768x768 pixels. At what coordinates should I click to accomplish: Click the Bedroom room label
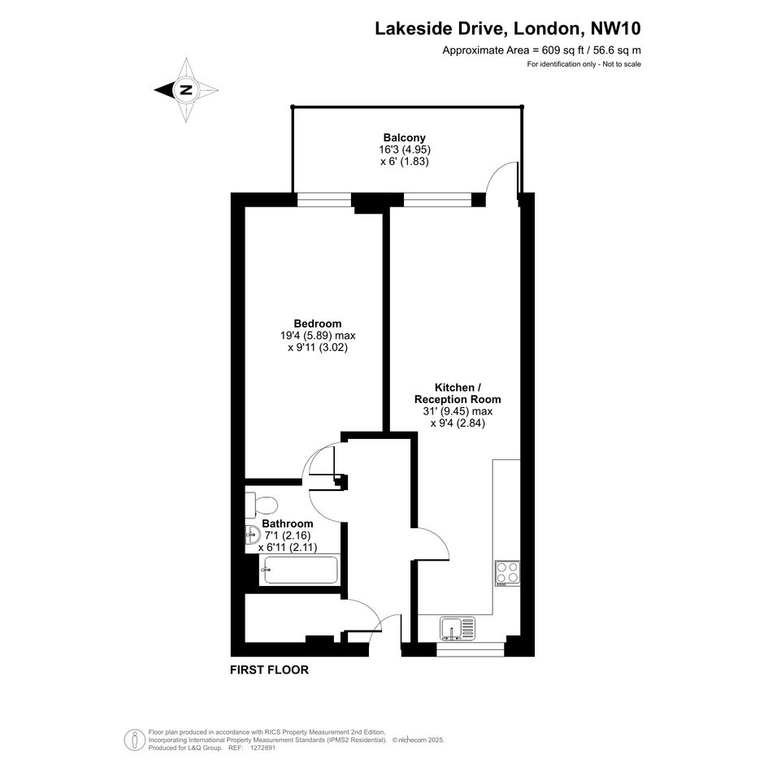[318, 323]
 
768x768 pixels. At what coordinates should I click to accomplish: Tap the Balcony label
[404, 137]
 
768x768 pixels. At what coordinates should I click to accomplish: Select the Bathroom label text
[288, 523]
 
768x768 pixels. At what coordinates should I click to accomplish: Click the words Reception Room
[458, 399]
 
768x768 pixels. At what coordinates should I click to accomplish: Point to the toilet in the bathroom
[262, 505]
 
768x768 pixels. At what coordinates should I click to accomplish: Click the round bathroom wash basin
[253, 535]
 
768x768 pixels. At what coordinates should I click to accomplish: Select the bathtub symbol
[300, 570]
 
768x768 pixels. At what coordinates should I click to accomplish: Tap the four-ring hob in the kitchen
[507, 574]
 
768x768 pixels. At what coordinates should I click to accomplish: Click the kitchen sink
[458, 628]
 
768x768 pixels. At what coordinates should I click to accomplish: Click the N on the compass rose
[186, 90]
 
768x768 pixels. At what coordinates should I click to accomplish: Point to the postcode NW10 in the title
[616, 28]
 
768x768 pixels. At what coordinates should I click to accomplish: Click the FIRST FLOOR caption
[269, 670]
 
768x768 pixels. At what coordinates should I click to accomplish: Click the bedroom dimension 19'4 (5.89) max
[318, 336]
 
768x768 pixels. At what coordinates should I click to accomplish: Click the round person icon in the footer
[134, 740]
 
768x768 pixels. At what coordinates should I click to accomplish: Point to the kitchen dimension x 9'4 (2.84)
[458, 423]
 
